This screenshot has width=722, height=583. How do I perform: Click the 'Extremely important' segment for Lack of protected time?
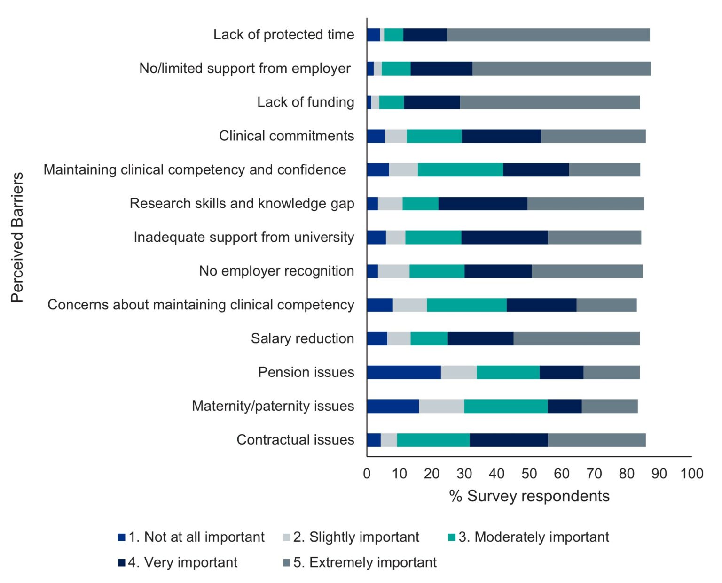548,35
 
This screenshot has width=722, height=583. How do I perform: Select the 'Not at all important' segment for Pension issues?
404,372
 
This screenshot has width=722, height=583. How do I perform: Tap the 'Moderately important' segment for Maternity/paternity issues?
506,406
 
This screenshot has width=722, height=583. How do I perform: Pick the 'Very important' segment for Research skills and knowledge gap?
483,204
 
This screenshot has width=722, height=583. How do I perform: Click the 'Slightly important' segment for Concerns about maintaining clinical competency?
410,305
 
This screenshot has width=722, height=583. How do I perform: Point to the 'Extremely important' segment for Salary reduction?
576,338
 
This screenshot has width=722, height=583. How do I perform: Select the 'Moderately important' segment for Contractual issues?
433,440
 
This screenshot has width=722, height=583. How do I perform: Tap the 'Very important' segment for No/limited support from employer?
441,69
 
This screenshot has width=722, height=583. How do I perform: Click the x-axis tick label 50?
529,474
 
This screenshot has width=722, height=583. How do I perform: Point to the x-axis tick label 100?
691,474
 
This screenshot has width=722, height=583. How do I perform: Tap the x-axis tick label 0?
367,474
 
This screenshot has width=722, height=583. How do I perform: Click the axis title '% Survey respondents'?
529,496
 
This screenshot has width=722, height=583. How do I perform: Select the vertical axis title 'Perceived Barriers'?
17,238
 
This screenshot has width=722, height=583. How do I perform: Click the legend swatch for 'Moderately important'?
452,537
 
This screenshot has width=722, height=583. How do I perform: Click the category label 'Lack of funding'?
306,102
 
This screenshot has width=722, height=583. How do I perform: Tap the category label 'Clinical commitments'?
286,136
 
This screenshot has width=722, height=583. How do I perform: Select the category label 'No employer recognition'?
276,271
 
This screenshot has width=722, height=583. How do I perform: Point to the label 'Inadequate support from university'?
243,238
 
